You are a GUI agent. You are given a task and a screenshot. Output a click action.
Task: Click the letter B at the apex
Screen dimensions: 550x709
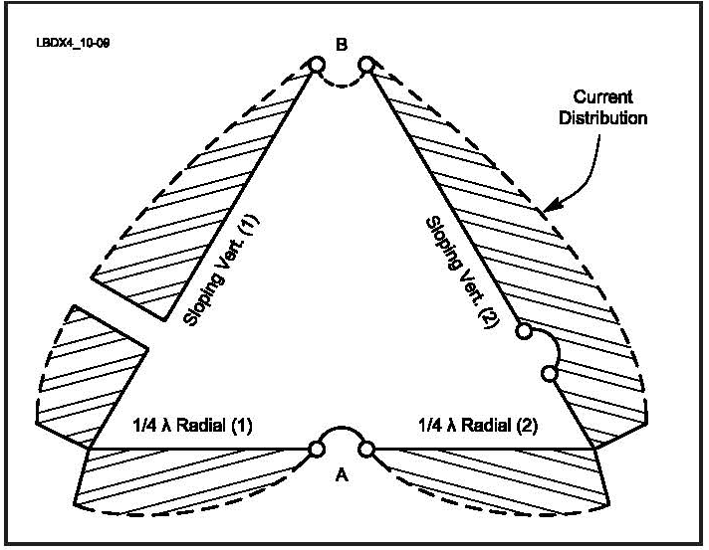coord(342,45)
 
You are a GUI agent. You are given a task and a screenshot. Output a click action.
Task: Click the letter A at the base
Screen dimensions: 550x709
coord(342,476)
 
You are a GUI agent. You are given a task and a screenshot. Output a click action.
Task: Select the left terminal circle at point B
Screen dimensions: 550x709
coord(317,65)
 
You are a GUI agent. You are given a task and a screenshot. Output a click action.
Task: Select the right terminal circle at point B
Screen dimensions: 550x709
coord(366,65)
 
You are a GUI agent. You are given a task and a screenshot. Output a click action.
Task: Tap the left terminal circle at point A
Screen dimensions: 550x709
coord(317,449)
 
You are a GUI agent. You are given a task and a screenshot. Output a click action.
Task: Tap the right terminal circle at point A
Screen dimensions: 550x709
coord(366,450)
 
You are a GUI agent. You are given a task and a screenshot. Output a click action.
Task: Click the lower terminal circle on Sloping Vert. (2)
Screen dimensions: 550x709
coord(549,374)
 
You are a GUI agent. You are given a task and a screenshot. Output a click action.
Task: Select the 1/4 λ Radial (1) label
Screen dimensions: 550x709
coord(193,427)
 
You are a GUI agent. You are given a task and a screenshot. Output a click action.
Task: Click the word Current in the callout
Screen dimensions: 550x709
coord(601,96)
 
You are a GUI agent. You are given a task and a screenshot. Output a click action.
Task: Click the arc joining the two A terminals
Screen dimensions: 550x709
coord(342,433)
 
